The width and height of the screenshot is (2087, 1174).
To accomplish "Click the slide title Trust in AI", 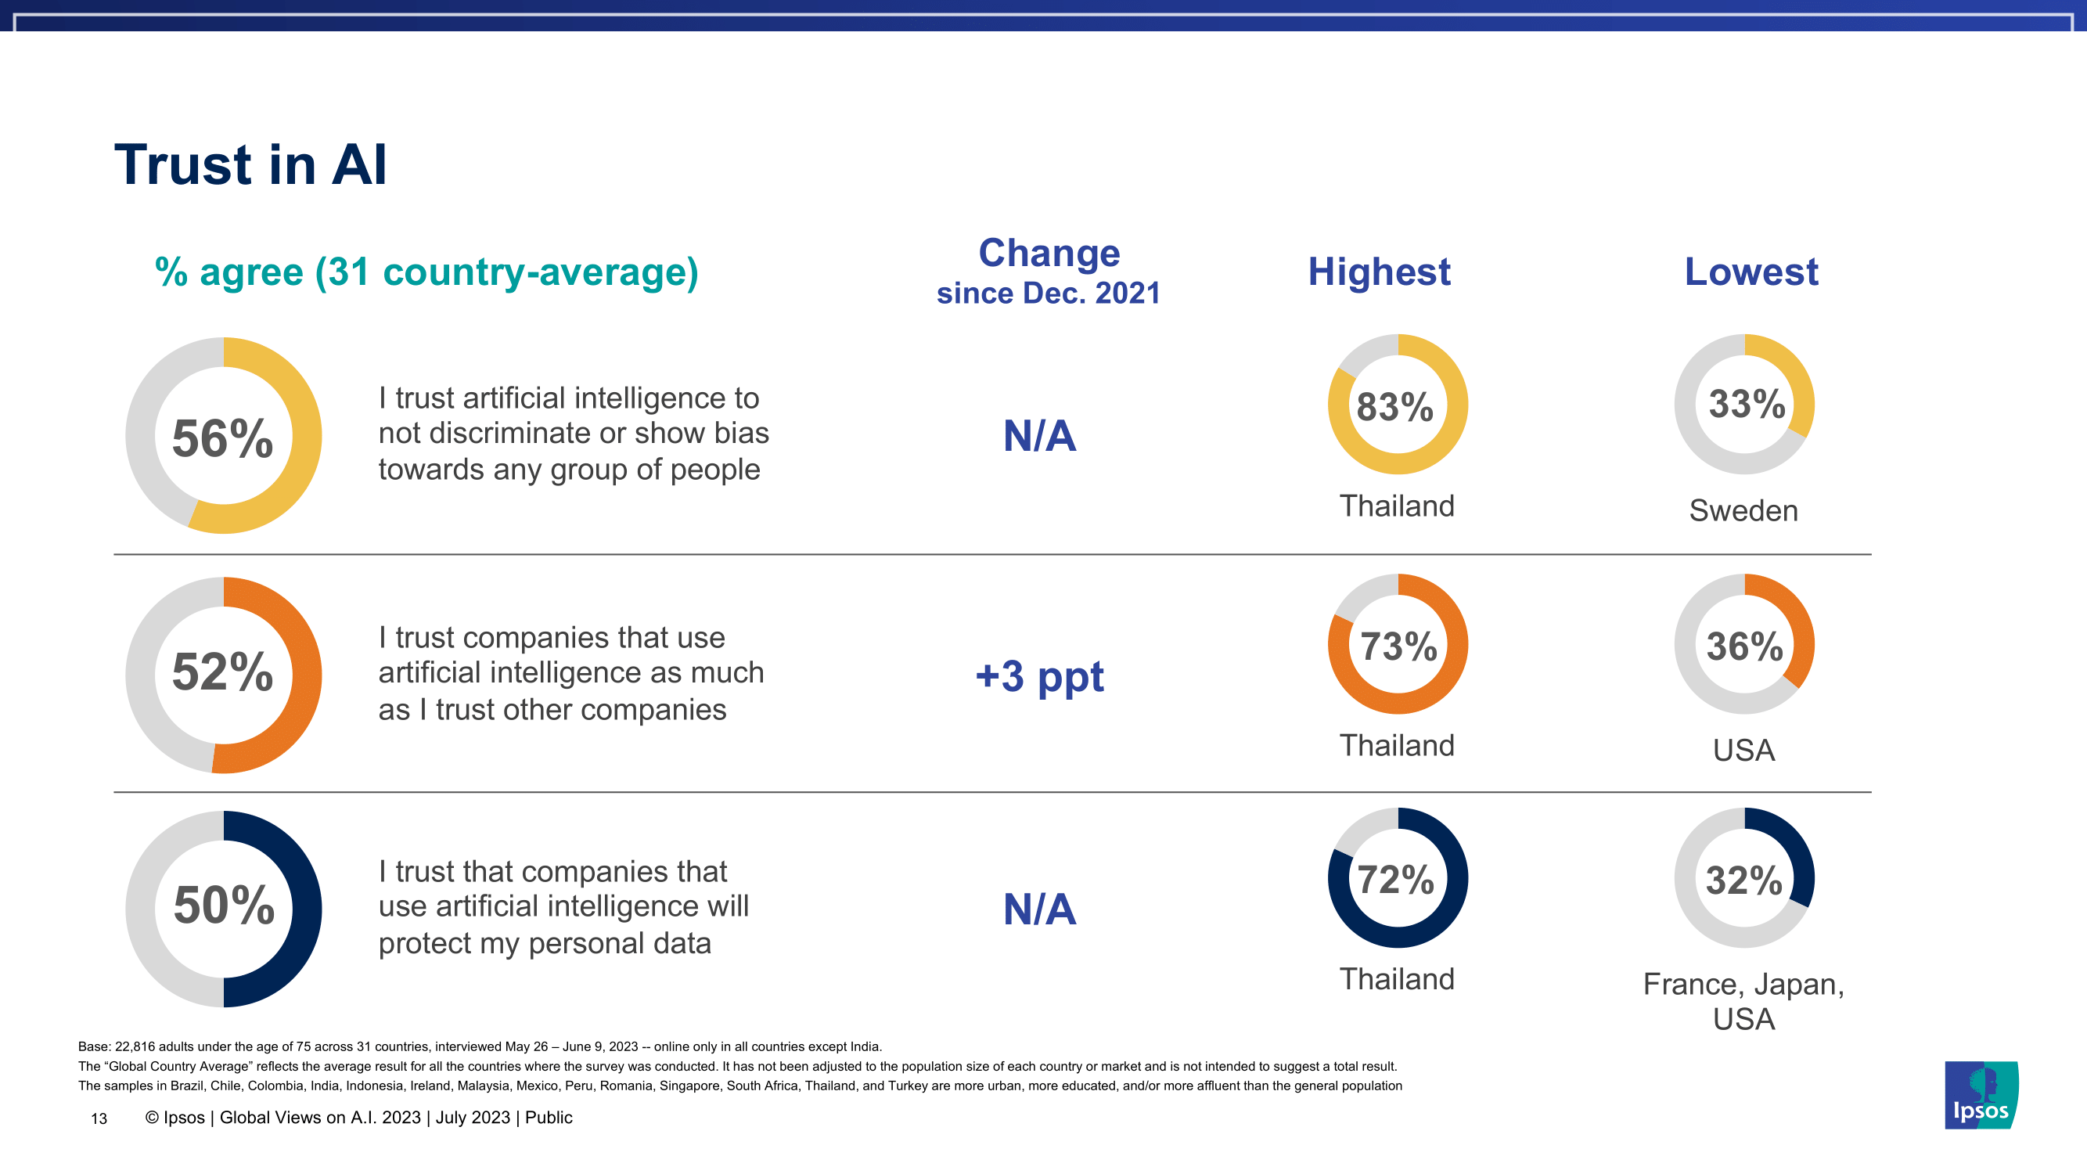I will tap(250, 165).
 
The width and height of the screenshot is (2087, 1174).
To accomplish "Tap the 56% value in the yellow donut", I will tap(223, 438).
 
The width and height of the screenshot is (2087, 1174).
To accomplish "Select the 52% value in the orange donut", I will tap(223, 672).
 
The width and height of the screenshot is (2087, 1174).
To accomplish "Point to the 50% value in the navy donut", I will tap(225, 905).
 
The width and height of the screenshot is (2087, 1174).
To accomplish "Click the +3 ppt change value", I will tap(1039, 676).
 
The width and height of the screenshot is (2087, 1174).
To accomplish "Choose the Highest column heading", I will tap(1379, 272).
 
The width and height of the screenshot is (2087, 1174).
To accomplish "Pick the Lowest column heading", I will tap(1751, 272).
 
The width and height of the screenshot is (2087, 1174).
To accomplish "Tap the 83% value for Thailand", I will tap(1395, 407).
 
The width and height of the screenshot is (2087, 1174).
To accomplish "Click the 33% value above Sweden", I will tap(1747, 405).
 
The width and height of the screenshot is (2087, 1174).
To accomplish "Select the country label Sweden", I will tap(1743, 511).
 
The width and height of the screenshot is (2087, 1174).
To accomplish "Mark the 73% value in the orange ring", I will tap(1398, 646).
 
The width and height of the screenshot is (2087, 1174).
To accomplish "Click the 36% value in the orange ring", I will tap(1744, 646).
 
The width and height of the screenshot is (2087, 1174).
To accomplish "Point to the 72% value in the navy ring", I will tap(1396, 880).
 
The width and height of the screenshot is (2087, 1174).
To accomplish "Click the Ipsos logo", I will tap(1981, 1096).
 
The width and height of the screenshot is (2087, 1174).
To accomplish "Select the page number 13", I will tap(99, 1119).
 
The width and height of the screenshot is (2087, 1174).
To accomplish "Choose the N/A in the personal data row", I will tap(1039, 909).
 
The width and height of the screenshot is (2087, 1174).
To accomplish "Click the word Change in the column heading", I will tap(1049, 254).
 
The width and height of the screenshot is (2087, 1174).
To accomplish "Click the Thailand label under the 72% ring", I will tap(1397, 980).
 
